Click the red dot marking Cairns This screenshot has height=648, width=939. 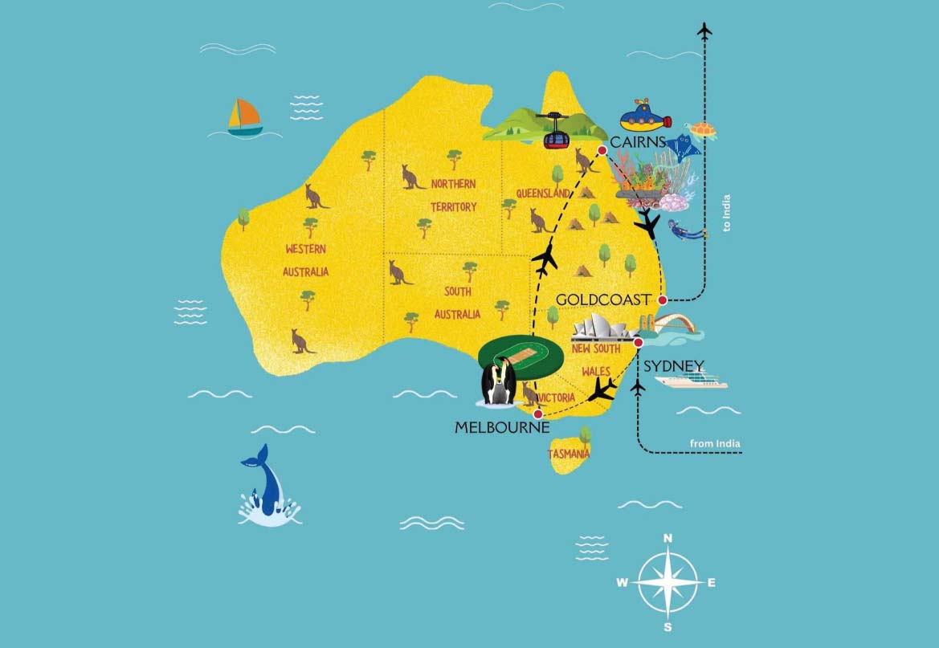tap(602, 150)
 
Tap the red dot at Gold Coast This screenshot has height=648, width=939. tap(663, 300)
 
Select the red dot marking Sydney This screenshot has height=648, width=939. tap(638, 343)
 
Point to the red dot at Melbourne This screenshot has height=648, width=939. tap(537, 414)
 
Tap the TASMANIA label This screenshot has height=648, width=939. tap(569, 454)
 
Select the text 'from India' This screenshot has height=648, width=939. tap(715, 444)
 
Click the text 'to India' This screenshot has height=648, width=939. tap(727, 214)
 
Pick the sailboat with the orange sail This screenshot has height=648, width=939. tap(244, 118)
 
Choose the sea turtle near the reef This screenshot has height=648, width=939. tap(702, 129)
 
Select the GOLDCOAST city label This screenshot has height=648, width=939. tap(603, 300)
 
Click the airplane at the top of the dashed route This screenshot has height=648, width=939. tap(705, 31)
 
